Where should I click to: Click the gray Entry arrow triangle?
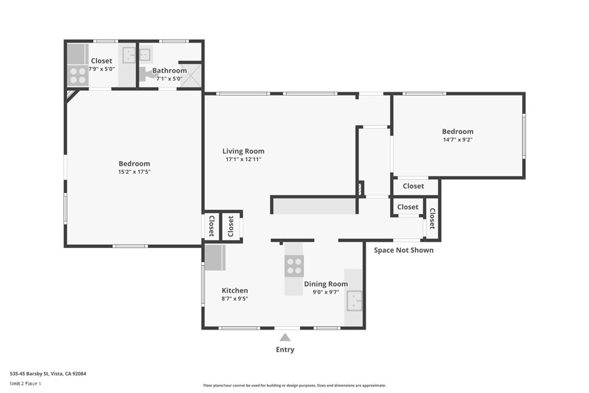coord(285,337)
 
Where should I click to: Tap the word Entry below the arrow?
coord(285,349)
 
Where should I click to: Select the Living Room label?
coord(243,151)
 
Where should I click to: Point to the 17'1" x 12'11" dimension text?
coord(243,159)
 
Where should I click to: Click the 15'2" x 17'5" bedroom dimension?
coord(134,171)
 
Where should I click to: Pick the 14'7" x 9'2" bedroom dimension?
coord(457,139)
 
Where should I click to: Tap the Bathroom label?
coord(170,71)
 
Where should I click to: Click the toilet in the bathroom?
coord(148,74)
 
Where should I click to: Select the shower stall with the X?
coord(191,75)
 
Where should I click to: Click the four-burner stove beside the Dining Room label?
coord(294,266)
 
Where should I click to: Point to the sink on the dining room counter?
coord(354,301)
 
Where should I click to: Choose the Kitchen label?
coord(235,291)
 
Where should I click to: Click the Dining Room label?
coord(326,284)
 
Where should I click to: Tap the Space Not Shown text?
coord(403,250)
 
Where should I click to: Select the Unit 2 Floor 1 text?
coord(25,384)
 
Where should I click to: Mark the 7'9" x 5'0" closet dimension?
coord(101,69)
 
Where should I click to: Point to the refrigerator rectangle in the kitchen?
coord(215,258)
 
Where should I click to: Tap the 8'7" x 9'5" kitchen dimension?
coord(235,299)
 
